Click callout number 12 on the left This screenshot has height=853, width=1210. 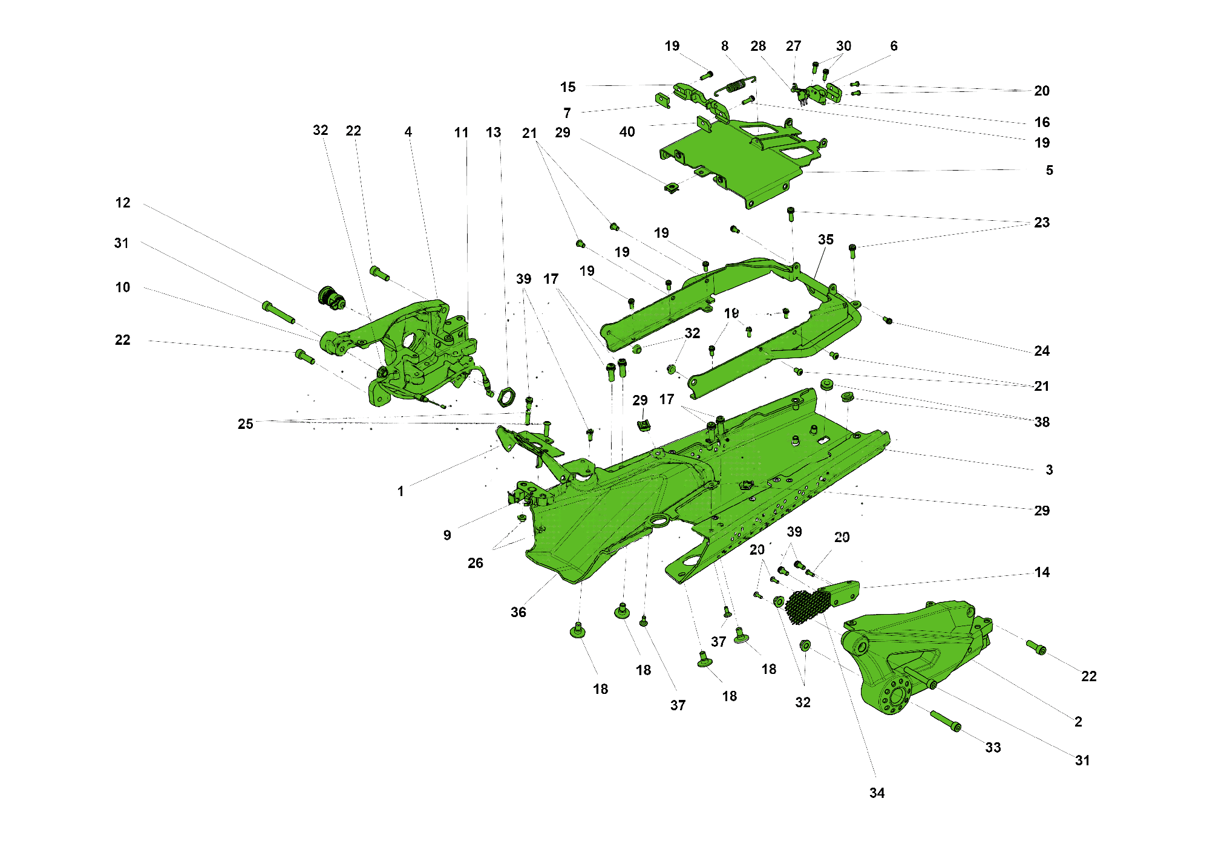tap(123, 203)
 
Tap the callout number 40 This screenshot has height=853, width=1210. tap(627, 132)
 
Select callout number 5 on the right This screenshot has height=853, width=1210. tap(1049, 171)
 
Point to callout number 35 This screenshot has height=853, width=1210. tap(825, 240)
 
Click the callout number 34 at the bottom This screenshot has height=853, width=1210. tap(877, 793)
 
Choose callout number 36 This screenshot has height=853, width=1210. tap(518, 612)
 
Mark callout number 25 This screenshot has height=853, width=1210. tap(245, 424)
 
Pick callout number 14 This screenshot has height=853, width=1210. tap(1042, 572)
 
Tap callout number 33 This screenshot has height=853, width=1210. tap(993, 748)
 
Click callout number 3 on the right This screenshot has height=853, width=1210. tap(1049, 470)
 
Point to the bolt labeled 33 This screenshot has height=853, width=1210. tap(945, 721)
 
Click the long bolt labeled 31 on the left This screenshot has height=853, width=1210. tap(278, 313)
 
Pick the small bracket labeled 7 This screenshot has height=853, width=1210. tap(662, 100)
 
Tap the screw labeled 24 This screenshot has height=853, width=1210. tap(888, 320)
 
